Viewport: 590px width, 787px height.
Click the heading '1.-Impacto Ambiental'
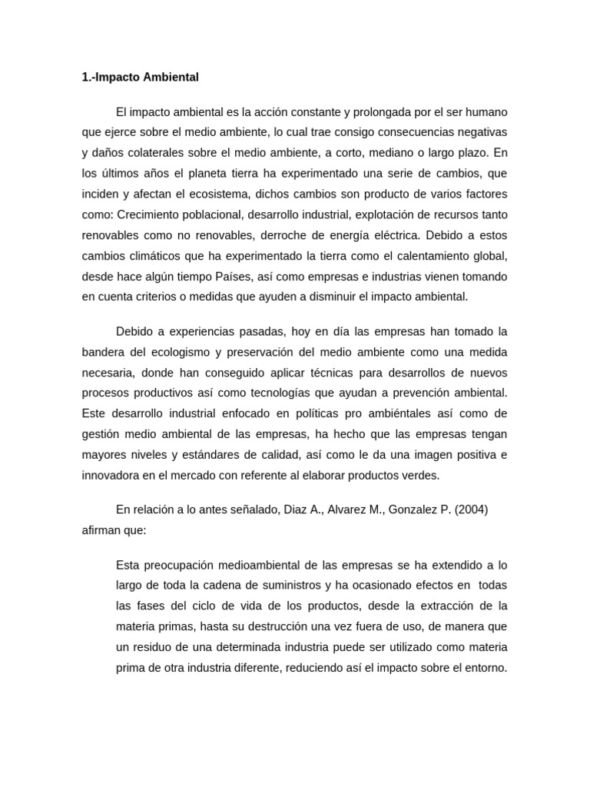click(x=140, y=78)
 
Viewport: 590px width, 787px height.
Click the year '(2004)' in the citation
click(x=471, y=509)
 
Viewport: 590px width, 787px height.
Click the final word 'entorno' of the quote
click(x=484, y=668)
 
